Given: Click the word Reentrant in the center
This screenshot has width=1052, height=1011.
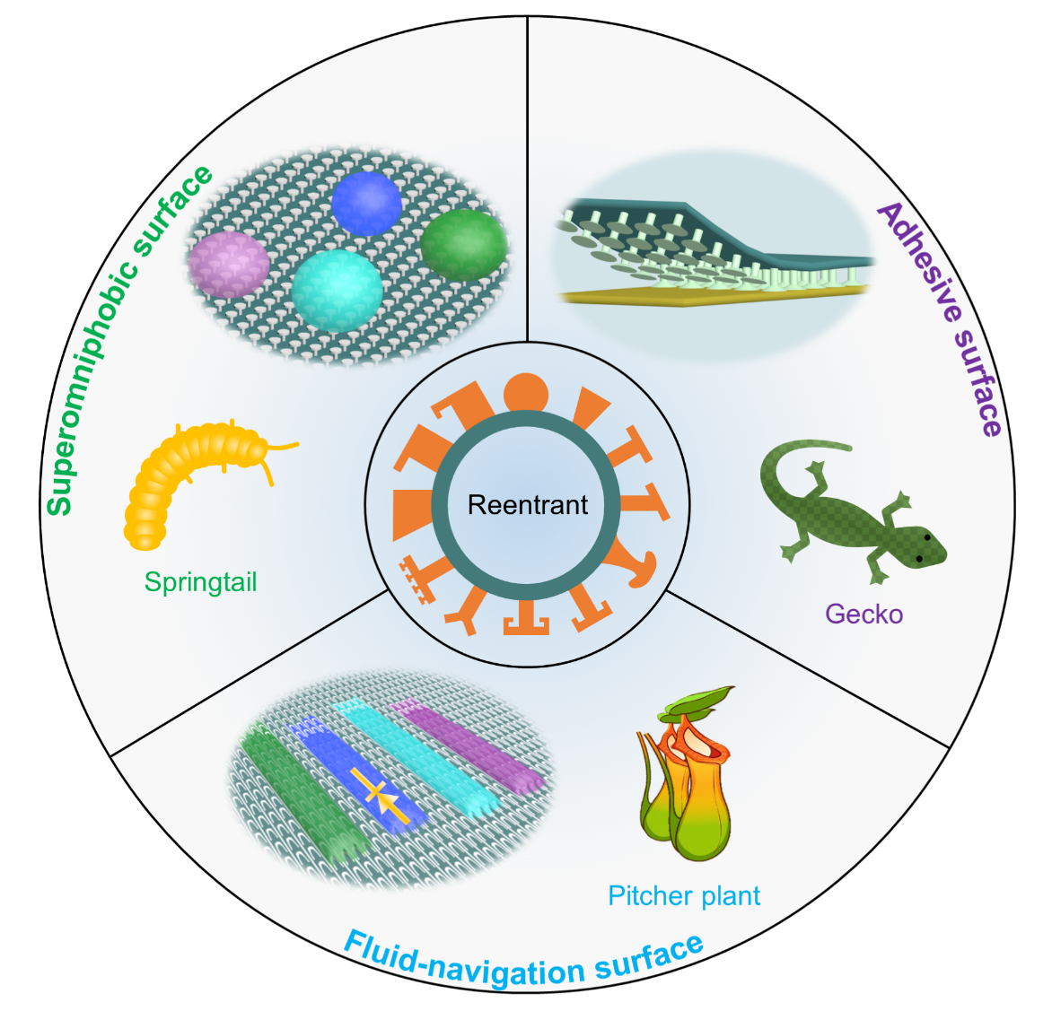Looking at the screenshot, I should coord(528,505).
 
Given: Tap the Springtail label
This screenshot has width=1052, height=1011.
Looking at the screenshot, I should coord(201,582).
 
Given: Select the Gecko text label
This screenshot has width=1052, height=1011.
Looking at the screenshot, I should coord(864,614).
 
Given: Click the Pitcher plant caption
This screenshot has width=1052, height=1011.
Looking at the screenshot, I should coord(684,895).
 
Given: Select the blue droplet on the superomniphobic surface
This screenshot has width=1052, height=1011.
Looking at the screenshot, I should coord(366,203).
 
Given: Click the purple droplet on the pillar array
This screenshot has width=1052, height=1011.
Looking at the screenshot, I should coord(229,264).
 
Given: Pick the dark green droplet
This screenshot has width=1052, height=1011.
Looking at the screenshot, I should coord(464,244).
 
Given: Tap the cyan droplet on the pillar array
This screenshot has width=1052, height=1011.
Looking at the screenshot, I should coord(337,289).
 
